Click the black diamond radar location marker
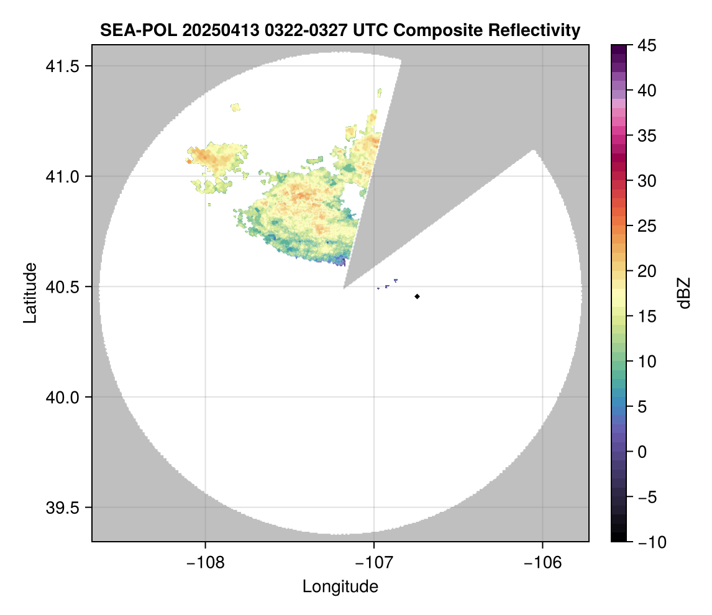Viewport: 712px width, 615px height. [x=418, y=296]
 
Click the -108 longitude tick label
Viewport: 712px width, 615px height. [x=205, y=562]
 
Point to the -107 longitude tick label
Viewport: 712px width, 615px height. [x=374, y=562]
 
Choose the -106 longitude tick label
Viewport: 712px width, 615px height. [x=543, y=562]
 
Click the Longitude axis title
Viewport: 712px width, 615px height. [x=340, y=586]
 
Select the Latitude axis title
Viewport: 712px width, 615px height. [x=30, y=293]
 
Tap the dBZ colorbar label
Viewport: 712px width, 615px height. [x=684, y=293]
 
